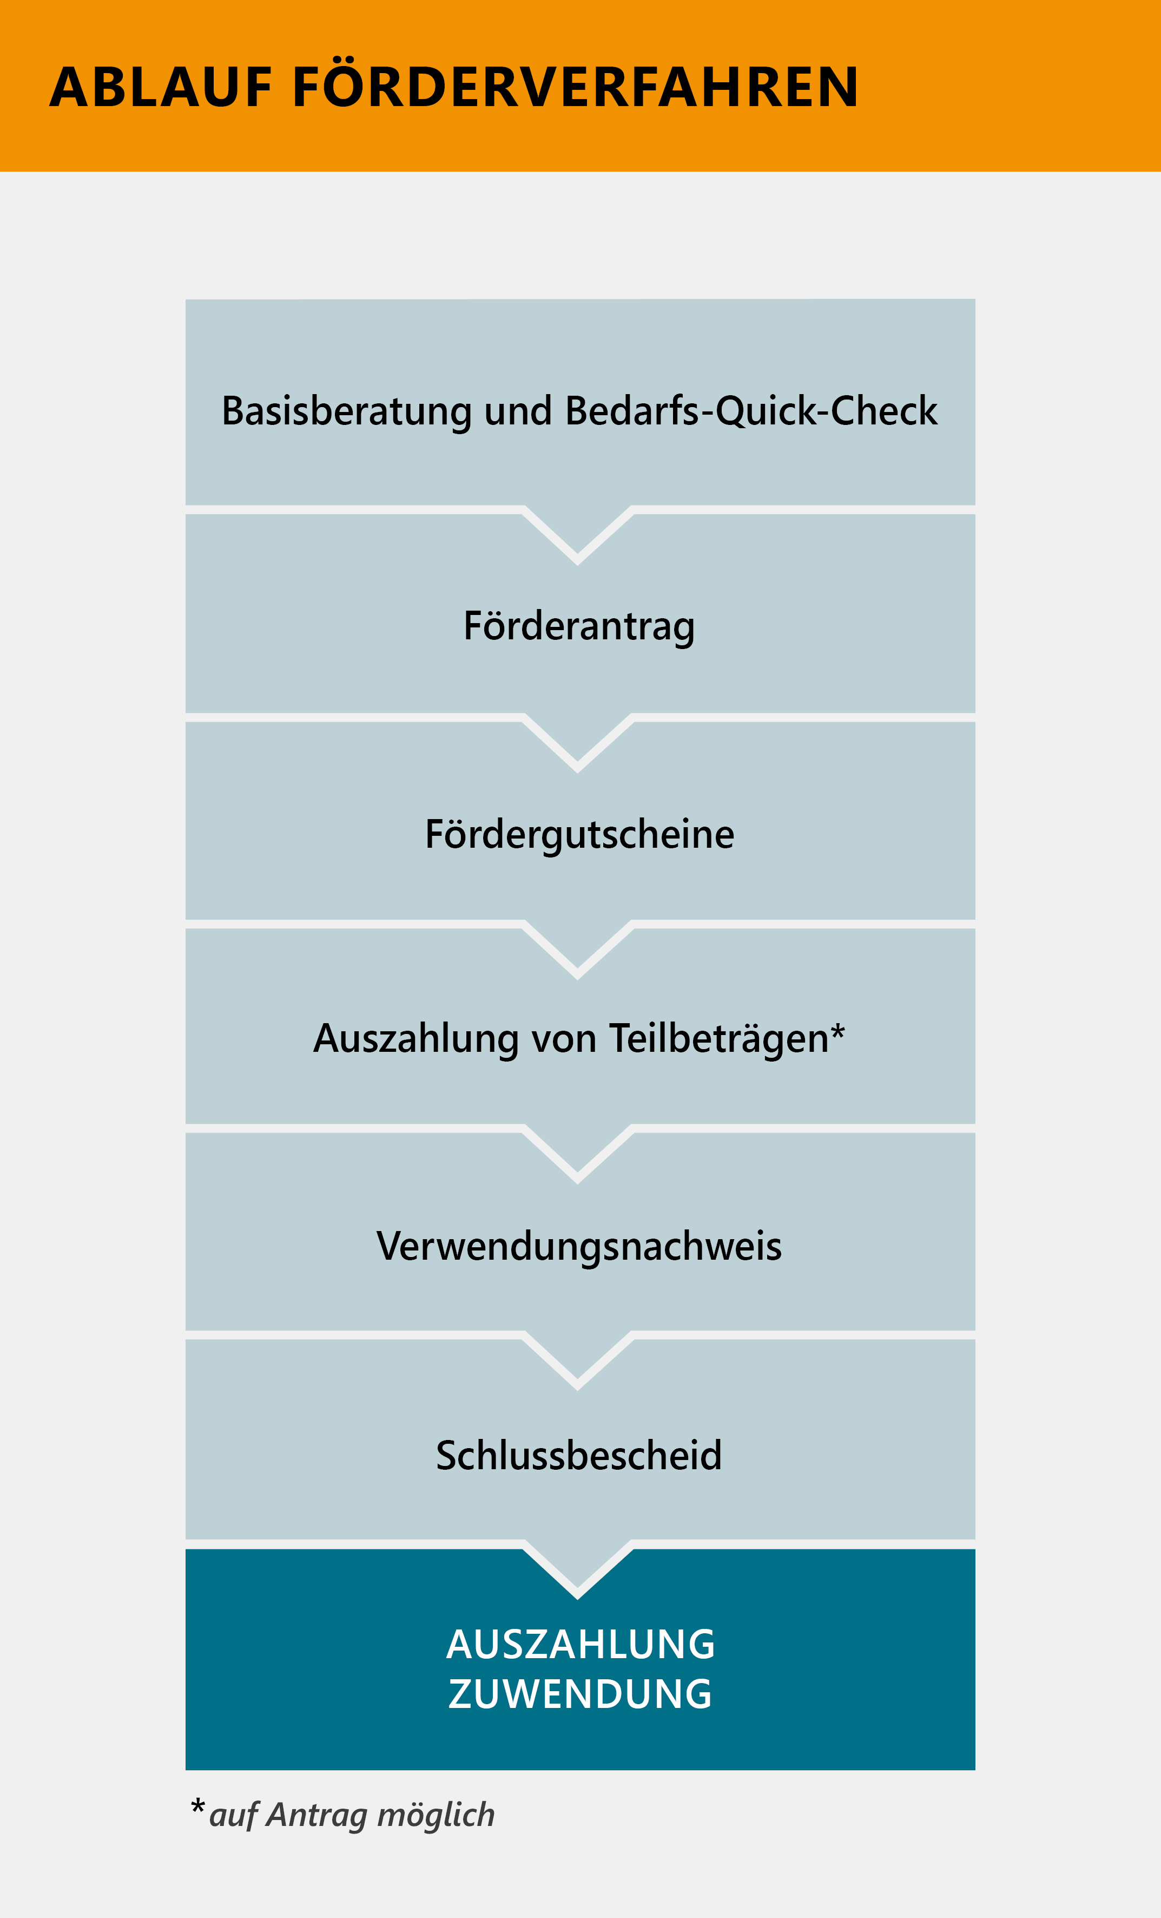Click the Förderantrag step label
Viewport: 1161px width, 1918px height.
(x=579, y=627)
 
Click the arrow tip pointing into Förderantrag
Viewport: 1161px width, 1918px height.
(x=577, y=564)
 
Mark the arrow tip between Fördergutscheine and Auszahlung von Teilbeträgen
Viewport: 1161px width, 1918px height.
(x=577, y=978)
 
